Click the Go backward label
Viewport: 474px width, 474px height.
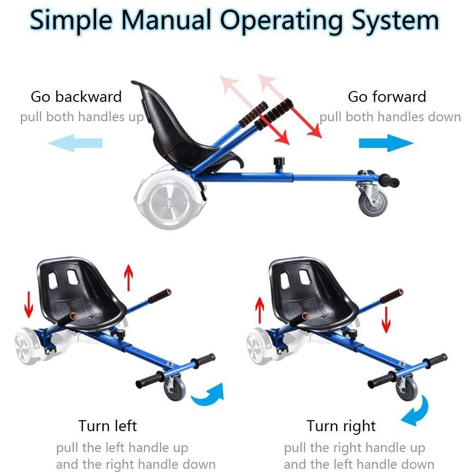tap(76, 97)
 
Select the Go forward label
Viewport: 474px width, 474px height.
tap(387, 97)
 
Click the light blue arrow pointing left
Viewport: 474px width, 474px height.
tap(75, 143)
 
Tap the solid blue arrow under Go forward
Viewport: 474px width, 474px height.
tap(386, 143)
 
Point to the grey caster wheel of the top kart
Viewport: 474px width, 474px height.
tap(373, 201)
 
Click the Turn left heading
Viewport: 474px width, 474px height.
tap(108, 425)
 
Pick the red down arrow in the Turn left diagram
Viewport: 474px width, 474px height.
tap(29, 304)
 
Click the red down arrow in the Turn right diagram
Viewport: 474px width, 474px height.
tap(386, 320)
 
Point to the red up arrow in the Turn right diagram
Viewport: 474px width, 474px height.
tap(260, 310)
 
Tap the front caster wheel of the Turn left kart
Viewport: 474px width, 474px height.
tap(175, 388)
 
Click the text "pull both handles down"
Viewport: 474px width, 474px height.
tap(390, 117)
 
